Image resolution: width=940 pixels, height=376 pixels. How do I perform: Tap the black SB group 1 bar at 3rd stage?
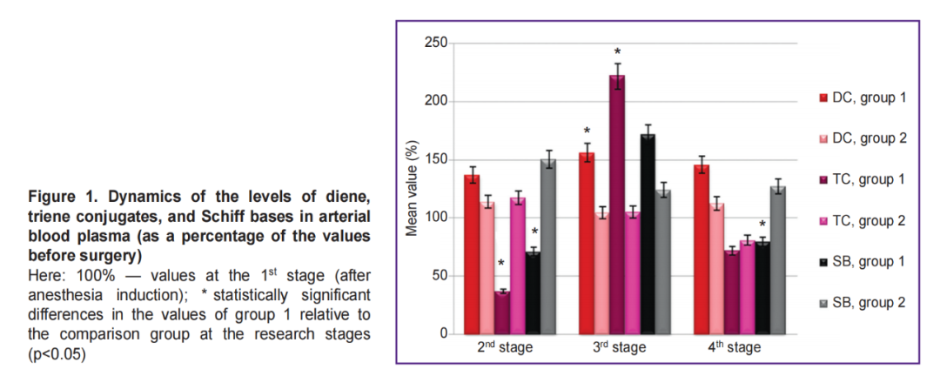648,234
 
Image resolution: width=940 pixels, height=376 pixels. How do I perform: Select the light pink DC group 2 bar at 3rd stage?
601,273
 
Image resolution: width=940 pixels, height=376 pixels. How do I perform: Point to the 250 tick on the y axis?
435,44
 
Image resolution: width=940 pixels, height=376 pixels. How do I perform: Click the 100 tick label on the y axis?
435,218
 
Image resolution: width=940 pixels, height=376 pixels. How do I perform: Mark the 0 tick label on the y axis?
443,334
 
